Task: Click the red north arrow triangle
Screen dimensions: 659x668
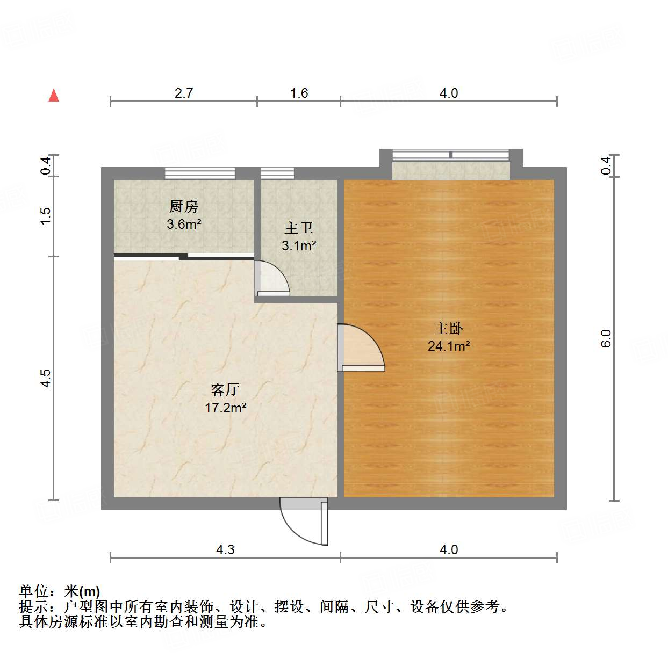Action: pos(54,96)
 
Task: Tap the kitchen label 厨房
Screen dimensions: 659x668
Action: pos(184,206)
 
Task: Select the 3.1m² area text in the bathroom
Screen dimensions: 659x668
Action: pos(299,246)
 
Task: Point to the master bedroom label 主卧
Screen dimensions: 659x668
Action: pos(449,328)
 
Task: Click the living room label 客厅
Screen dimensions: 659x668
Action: pos(225,389)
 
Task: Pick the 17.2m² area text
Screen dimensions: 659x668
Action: pos(225,408)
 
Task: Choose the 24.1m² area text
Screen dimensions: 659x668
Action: pos(449,346)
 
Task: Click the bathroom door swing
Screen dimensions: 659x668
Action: pos(272,279)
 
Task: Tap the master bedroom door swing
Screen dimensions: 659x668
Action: pos(359,348)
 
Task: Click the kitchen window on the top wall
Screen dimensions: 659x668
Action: pos(200,173)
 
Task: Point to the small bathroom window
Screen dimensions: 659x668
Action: pos(277,173)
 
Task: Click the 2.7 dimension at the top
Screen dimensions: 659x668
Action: pos(184,93)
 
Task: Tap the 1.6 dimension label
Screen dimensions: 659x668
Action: pos(299,93)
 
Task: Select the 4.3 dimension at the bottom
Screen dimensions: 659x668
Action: pos(225,549)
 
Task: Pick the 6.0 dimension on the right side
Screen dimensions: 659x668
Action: pos(606,338)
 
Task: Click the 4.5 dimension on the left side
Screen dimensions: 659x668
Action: pos(46,378)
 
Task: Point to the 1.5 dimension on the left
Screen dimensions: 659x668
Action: pos(46,215)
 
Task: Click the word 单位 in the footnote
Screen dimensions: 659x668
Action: pos(34,591)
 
